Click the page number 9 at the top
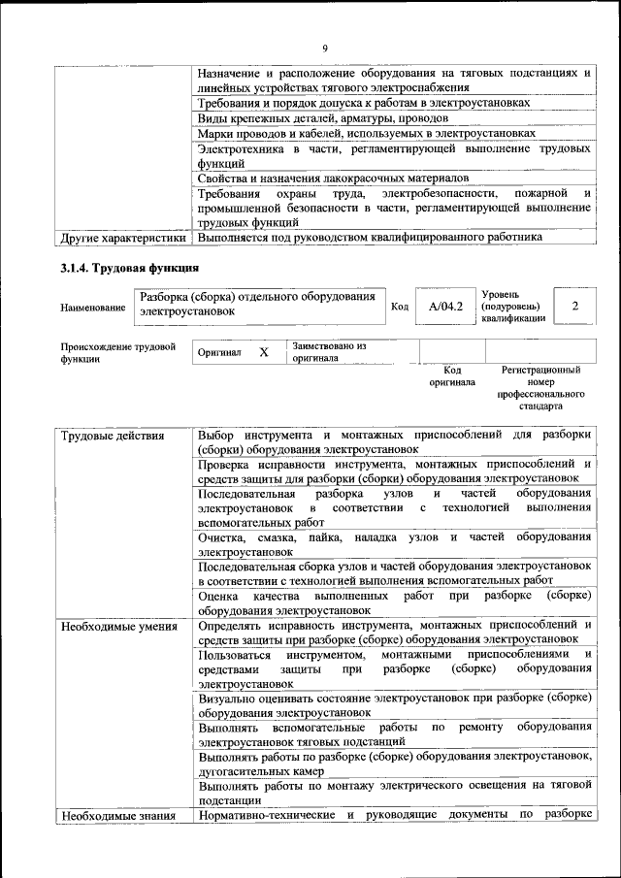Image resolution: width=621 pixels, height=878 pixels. pos(325,49)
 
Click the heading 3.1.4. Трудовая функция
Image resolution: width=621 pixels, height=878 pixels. pos(130,267)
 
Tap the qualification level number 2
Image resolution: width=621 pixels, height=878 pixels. pos(575,307)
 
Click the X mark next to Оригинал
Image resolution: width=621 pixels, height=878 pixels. pos(263,352)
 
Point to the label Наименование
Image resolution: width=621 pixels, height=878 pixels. pos(93,308)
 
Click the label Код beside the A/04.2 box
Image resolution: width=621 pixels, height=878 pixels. pos(399,308)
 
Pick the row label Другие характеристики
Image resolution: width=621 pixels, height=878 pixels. pos(122,237)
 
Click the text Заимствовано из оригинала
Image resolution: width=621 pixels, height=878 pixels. pos(329,351)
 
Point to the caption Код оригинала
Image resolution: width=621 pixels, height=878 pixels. pos(452,376)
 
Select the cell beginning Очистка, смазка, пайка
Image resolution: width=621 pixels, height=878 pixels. pos(394,543)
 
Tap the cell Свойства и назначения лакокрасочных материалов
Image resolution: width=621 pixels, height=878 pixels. pos(333,179)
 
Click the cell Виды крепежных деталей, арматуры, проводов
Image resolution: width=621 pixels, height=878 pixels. pos(323,117)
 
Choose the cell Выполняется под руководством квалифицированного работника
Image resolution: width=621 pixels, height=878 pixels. pos(370,237)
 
